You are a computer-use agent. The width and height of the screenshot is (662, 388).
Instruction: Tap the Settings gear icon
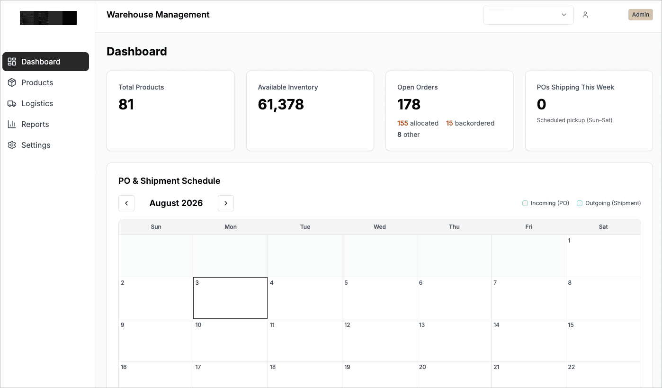12,145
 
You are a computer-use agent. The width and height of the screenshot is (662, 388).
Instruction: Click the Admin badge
640,15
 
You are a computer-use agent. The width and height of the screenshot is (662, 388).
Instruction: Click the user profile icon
585,15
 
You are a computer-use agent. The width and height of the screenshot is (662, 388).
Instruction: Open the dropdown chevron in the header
564,15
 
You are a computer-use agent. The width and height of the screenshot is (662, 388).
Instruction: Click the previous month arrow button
126,203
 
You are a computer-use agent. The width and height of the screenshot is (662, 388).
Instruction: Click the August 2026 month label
176,203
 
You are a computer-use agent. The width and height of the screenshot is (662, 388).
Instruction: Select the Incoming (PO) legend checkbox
525,203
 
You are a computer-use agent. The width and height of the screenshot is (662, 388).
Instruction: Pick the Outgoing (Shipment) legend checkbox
580,203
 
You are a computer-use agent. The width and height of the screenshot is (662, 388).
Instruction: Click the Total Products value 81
126,104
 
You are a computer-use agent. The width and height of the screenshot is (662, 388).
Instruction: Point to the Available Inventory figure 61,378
281,105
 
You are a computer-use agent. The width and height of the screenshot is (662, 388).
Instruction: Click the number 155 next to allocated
403,123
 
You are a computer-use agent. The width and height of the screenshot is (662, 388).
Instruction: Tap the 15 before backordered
449,123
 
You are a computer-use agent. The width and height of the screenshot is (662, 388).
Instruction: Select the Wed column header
380,227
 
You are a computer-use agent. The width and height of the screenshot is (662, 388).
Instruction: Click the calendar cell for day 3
230,298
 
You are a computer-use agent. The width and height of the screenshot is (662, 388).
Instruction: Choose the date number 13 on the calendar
422,325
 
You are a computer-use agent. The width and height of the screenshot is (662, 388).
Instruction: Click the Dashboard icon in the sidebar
12,62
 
